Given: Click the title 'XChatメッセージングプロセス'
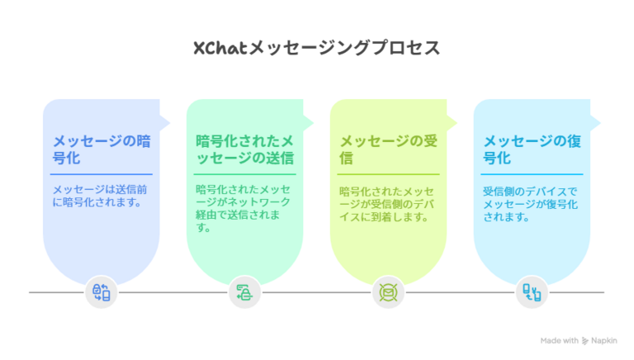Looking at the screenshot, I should coord(316,48).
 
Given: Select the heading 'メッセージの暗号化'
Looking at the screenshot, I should coord(101,149).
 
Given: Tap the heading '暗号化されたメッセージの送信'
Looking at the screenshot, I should coord(244,149).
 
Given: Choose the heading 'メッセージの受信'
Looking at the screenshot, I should coord(388,149).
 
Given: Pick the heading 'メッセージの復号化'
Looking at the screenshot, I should coord(532,149).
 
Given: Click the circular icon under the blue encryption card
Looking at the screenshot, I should coord(102,292).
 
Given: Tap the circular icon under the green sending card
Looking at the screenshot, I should coord(244,292).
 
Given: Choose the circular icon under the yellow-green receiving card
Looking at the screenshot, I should coord(388,292).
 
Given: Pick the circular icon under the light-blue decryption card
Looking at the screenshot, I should coord(532,292).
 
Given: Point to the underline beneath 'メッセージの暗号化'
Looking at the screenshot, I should coord(101,174).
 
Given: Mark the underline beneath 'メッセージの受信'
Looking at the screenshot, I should coord(388,174).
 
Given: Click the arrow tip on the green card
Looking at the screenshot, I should coord(312,121).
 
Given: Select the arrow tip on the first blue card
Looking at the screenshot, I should coord(169,121).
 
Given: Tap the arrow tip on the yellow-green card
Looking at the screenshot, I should coord(456,121).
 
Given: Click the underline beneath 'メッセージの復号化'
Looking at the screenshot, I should coord(532,174).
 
